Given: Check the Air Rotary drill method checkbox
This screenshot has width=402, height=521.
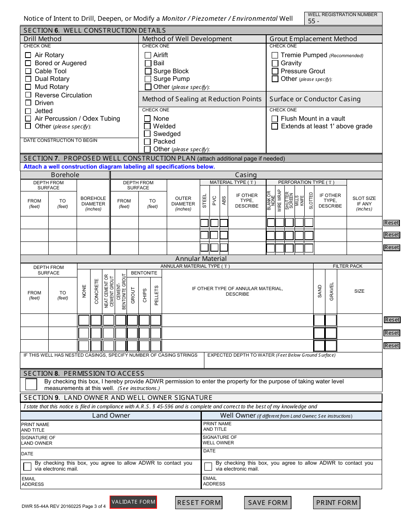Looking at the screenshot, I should click(x=28, y=55).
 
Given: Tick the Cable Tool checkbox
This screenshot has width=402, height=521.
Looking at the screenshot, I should click(x=28, y=71).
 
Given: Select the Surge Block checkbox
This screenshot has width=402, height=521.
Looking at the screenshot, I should click(x=148, y=71).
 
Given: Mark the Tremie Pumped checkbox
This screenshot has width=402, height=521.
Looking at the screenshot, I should click(x=275, y=55).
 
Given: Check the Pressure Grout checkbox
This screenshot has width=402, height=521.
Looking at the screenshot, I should click(x=275, y=71).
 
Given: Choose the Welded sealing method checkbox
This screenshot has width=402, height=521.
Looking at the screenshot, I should click(x=147, y=126).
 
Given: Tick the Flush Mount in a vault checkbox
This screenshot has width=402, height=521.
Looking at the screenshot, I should click(x=275, y=119).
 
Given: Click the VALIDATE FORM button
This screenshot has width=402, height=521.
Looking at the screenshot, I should click(x=133, y=502).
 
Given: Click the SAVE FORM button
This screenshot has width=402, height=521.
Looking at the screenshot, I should click(x=267, y=503).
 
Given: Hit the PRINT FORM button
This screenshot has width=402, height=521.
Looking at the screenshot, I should click(x=337, y=503).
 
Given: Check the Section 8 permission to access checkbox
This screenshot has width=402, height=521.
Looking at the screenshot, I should click(x=31, y=384).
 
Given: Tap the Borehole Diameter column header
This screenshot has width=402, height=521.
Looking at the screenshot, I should click(x=93, y=204).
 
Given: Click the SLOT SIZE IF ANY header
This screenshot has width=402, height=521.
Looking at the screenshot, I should click(x=364, y=204).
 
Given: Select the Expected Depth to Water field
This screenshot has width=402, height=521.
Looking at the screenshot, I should click(x=293, y=362).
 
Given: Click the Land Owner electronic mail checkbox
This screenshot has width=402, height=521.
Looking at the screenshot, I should click(x=28, y=466).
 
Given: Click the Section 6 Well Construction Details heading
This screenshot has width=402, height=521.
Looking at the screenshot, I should click(x=95, y=30).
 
